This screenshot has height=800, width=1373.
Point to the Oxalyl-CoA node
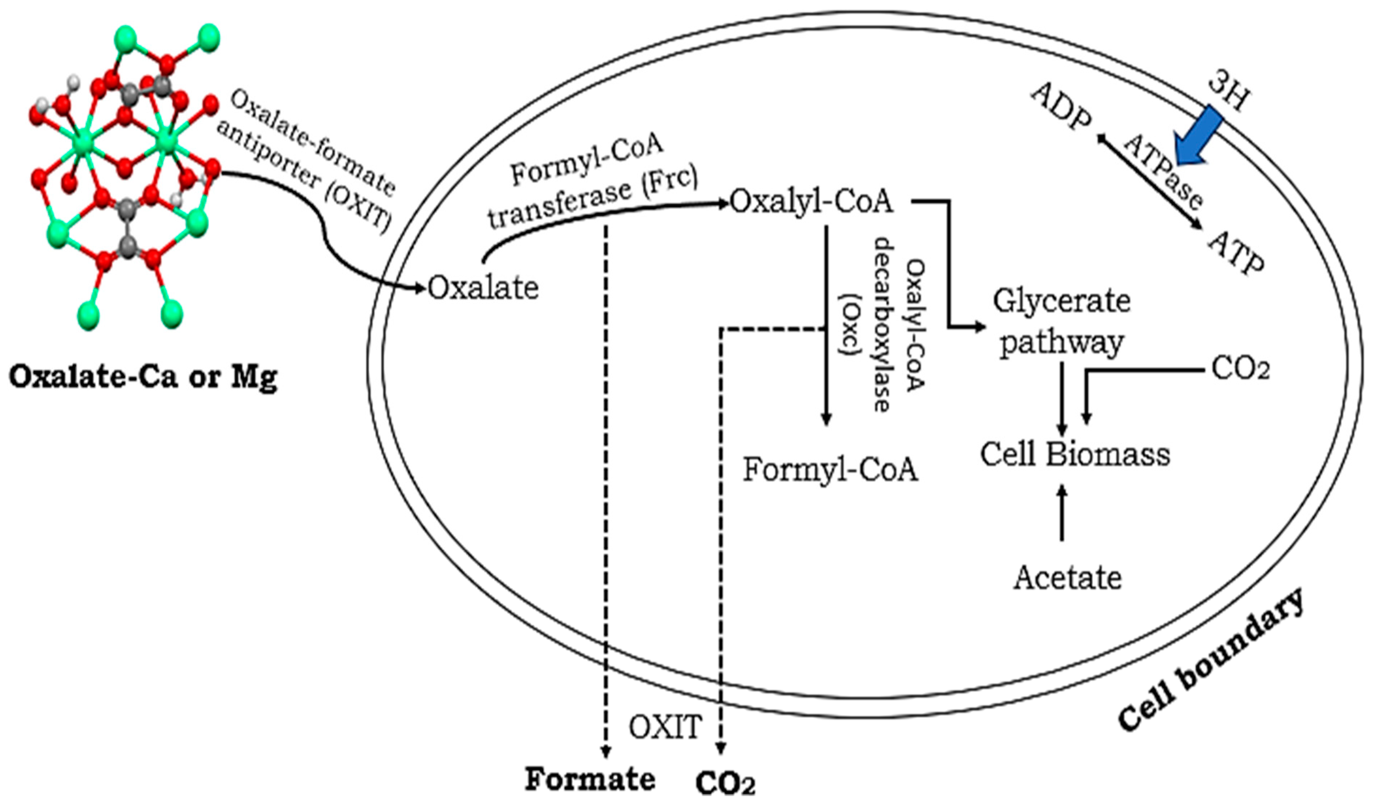click(812, 202)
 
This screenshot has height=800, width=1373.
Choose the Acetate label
click(1067, 578)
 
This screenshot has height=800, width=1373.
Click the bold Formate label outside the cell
click(590, 779)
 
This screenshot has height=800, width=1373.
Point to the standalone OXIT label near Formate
click(665, 727)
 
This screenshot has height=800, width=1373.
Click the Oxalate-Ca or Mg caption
click(143, 377)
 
